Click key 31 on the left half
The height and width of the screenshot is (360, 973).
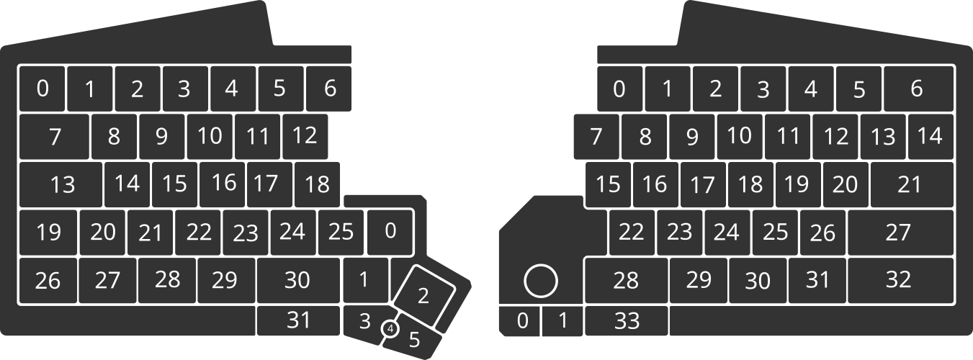(297, 320)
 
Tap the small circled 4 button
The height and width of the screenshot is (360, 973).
(390, 329)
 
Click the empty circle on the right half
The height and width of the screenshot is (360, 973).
(540, 281)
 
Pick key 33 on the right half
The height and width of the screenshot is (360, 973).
(627, 321)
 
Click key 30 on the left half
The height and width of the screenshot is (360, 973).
(297, 279)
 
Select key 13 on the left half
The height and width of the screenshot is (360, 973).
(61, 184)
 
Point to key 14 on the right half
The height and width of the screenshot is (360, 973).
(931, 136)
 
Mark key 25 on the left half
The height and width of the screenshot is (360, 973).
(341, 232)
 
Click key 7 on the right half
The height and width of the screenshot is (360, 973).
(596, 136)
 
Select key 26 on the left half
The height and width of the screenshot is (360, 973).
(48, 280)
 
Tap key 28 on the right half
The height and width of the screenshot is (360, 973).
(626, 279)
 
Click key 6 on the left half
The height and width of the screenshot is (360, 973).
(329, 88)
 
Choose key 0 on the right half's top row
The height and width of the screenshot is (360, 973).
(619, 89)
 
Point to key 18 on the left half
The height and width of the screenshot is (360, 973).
(317, 184)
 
